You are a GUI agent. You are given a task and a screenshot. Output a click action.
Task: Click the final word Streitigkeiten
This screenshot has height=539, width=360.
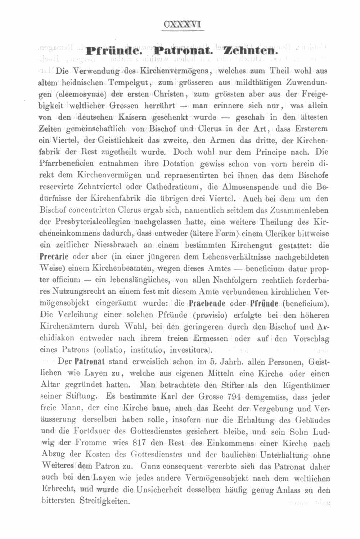click(104, 501)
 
